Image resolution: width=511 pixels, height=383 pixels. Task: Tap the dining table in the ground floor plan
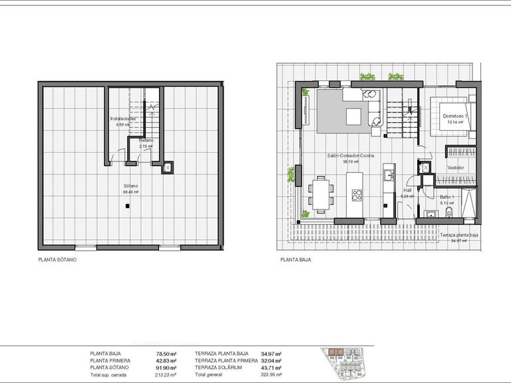pos(321,193)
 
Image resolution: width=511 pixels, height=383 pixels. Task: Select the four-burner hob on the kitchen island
pos(356,195)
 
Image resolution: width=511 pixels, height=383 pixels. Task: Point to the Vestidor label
pos(455,168)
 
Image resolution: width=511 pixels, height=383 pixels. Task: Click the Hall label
pos(407,190)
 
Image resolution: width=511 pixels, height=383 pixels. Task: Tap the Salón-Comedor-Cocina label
pos(350,155)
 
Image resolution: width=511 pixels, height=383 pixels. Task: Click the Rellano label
pos(146,140)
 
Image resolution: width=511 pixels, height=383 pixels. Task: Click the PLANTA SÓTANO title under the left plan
pos(57,260)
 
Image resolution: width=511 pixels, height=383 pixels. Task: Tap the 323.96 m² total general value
pos(269,374)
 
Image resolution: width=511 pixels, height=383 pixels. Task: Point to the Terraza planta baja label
pos(458,235)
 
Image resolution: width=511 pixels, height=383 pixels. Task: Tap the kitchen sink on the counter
pos(385,176)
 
